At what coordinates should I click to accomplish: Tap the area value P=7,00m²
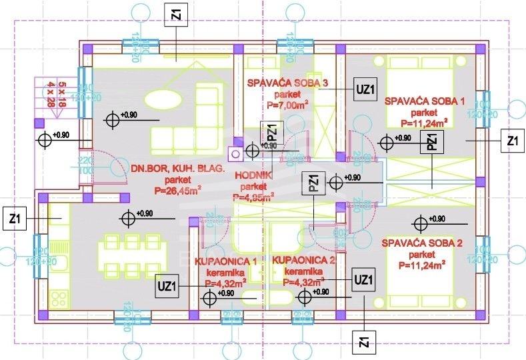[x=287, y=105]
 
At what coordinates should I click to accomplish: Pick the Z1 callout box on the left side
[x=14, y=218]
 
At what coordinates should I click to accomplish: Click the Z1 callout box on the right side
[x=512, y=141]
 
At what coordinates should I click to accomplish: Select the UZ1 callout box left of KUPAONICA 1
[x=167, y=285]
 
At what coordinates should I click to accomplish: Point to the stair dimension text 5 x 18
[x=63, y=91]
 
